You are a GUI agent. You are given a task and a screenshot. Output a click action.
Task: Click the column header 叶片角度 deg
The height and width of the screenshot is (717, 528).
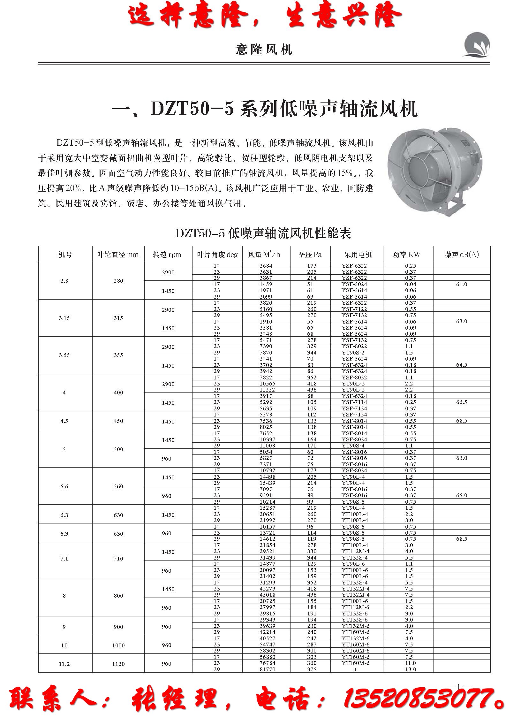(x=217, y=255)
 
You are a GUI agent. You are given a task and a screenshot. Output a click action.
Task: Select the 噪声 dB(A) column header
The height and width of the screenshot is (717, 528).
(x=462, y=255)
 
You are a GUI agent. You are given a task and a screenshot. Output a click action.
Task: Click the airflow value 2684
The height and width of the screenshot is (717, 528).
(x=266, y=265)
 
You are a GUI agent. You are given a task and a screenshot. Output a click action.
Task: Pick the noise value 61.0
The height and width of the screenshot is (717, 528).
(x=462, y=284)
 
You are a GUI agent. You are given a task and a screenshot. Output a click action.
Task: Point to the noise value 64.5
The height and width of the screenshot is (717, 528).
(x=462, y=365)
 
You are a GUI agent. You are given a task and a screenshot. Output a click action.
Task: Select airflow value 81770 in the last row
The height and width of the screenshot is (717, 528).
(x=266, y=669)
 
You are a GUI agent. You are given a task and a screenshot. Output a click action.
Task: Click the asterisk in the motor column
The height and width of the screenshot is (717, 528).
(x=355, y=670)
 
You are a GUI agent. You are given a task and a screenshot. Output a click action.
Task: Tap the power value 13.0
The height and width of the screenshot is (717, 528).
(x=411, y=669)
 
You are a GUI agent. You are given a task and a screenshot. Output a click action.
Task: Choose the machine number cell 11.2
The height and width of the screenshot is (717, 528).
(x=64, y=664)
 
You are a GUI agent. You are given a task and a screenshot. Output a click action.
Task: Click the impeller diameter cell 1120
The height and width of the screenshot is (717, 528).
(x=118, y=664)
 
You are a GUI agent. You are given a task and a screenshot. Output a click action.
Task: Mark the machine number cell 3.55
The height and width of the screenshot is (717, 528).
(x=64, y=355)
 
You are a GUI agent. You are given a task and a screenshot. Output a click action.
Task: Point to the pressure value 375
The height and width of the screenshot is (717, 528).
(x=312, y=669)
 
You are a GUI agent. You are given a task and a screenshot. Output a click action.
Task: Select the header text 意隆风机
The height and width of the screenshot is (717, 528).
(x=264, y=50)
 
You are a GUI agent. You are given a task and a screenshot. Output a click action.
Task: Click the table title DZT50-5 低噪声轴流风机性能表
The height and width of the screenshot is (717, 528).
(x=263, y=233)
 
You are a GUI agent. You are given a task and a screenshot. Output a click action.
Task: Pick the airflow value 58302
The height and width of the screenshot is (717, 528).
(x=266, y=651)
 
